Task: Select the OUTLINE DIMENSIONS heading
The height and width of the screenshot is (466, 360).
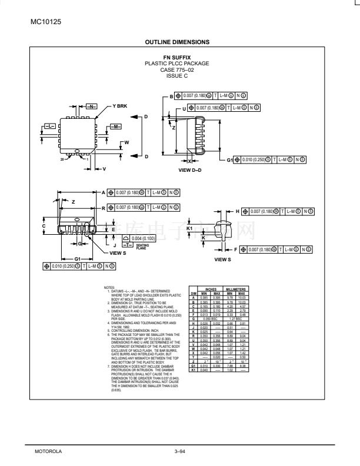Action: [x=181, y=42]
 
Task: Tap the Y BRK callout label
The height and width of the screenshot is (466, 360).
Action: [x=104, y=106]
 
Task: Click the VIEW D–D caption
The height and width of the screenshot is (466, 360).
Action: [x=190, y=169]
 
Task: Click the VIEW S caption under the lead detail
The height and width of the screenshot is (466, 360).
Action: [x=223, y=259]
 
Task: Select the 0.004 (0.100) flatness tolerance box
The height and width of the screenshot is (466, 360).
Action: [x=138, y=238]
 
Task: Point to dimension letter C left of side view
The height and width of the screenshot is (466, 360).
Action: [x=44, y=225]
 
